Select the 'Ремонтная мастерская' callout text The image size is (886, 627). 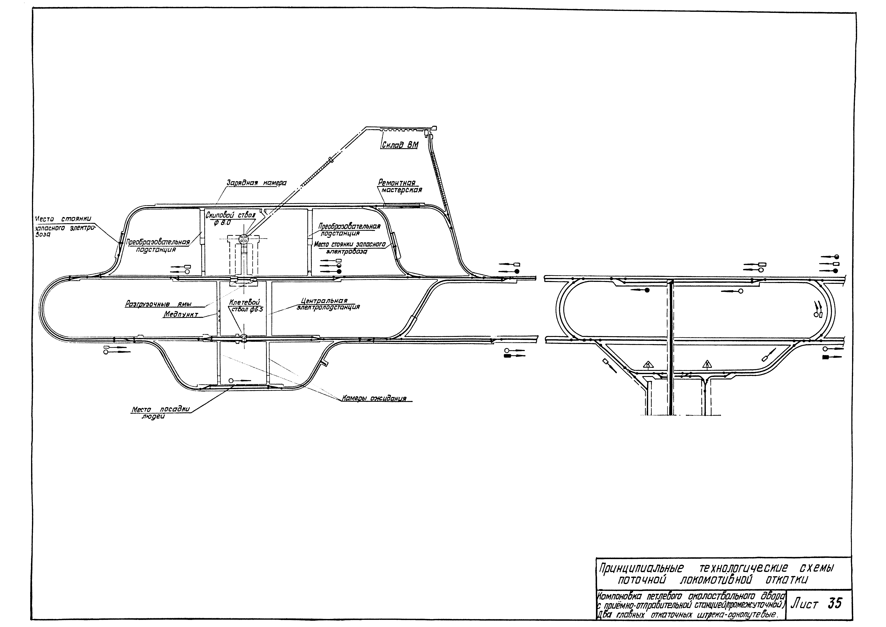tap(399, 186)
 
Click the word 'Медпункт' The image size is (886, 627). tap(180, 315)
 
